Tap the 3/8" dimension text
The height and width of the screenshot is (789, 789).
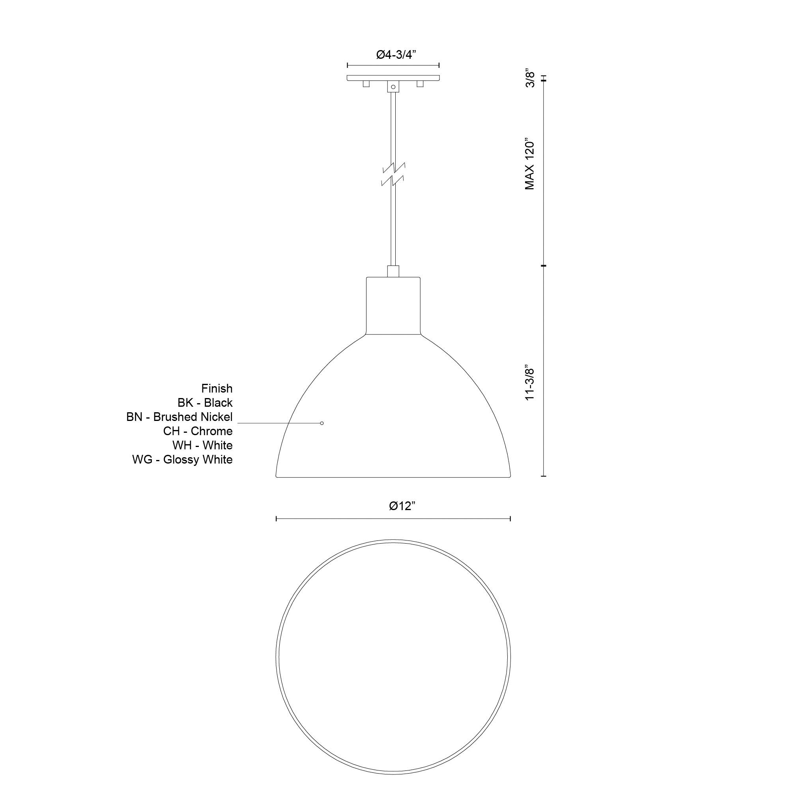pyautogui.click(x=530, y=79)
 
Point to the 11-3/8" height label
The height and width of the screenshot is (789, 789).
pyautogui.click(x=530, y=383)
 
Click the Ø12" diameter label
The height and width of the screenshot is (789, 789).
pyautogui.click(x=402, y=506)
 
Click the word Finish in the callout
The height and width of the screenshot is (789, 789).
pyautogui.click(x=217, y=388)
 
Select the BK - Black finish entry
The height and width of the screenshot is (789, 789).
pyautogui.click(x=205, y=403)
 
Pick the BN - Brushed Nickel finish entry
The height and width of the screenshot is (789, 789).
pyautogui.click(x=179, y=417)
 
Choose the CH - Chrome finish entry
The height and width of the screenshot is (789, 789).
pyautogui.click(x=198, y=431)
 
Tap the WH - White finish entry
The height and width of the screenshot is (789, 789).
pyautogui.click(x=202, y=445)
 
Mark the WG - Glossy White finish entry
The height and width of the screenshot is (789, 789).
pyautogui.click(x=182, y=460)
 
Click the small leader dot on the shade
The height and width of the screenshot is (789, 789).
pyautogui.click(x=322, y=423)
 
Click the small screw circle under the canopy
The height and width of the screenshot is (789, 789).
pyautogui.click(x=393, y=87)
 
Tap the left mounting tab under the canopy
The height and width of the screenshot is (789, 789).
pyautogui.click(x=366, y=84)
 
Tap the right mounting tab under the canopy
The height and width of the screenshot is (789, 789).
pyautogui.click(x=420, y=84)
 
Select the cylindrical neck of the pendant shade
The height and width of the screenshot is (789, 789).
pyautogui.click(x=393, y=305)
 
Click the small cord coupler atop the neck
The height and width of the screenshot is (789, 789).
pyautogui.click(x=393, y=271)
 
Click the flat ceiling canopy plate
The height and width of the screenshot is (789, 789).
pyautogui.click(x=393, y=78)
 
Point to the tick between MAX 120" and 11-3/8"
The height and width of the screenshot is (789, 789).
pyautogui.click(x=543, y=266)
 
